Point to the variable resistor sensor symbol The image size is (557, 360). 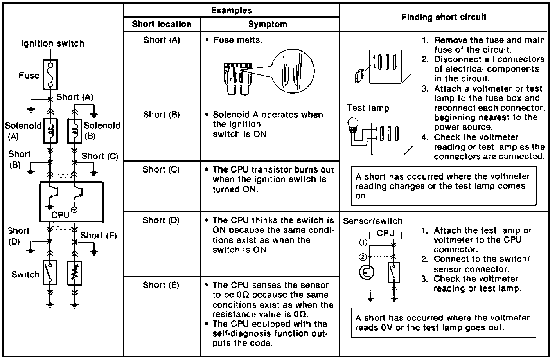coord(75,273)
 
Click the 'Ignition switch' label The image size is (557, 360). coord(52,43)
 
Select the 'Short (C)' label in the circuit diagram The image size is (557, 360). coord(100,156)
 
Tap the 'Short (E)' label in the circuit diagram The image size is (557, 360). coord(99,235)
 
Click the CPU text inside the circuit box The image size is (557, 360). coord(60,215)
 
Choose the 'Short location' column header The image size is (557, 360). coord(162,24)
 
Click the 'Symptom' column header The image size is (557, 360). coord(268,24)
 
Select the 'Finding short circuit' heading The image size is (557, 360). coord(444,17)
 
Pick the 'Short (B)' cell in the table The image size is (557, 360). coord(161,115)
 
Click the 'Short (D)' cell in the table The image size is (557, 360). coord(161,220)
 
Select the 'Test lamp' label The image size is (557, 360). coord(368,108)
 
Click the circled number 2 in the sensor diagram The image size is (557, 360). coord(363,257)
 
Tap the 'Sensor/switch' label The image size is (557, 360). coord(372,221)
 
